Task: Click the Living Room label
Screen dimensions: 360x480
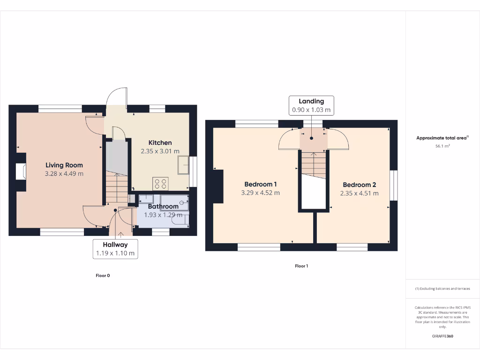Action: coord(64,165)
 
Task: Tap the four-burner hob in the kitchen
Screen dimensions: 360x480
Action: coord(160,183)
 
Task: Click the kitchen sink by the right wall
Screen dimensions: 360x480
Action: coord(183,165)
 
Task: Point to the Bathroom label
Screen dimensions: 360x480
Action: coord(163,206)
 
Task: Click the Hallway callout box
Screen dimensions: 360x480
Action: coord(115,249)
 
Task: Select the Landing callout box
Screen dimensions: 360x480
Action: coord(311,106)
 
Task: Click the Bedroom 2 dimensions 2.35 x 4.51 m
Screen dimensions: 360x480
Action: coord(359,193)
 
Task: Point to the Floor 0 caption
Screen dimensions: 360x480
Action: coord(103,276)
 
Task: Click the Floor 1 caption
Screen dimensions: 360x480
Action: coord(301,266)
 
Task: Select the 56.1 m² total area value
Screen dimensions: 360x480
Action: coord(442,146)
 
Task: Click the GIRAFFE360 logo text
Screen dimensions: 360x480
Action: coord(442,336)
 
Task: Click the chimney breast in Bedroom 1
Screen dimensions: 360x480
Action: coord(218,186)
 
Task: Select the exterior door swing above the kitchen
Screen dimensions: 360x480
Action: coord(116,98)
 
